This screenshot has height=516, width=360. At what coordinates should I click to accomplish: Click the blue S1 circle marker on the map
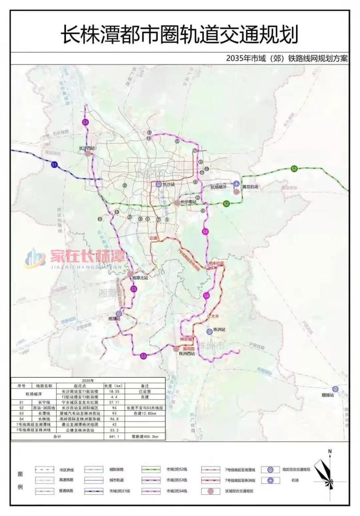point(54,165)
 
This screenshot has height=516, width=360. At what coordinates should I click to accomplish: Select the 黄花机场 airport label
point(249,187)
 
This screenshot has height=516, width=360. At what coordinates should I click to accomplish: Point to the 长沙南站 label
point(189,202)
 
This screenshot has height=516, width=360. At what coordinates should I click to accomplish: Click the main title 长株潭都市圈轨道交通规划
point(179,35)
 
